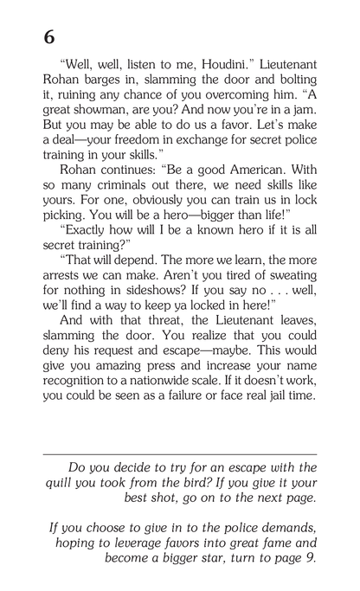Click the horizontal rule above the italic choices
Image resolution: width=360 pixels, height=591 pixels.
pos(179,453)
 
